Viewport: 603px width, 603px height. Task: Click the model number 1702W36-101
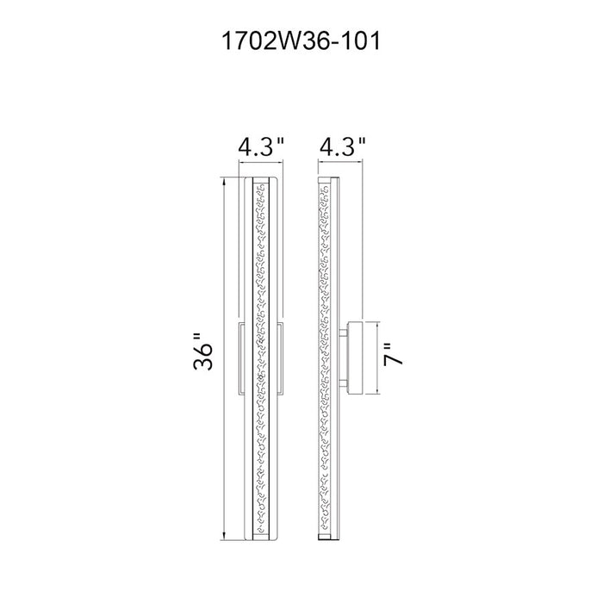(301, 40)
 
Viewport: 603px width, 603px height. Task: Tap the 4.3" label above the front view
(261, 146)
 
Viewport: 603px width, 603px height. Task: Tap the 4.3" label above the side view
(342, 146)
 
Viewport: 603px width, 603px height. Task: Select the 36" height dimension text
(202, 351)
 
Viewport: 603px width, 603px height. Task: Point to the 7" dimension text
(393, 354)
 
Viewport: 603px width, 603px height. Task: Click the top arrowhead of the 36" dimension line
(224, 181)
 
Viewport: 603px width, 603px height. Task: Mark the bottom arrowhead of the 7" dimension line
(379, 390)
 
